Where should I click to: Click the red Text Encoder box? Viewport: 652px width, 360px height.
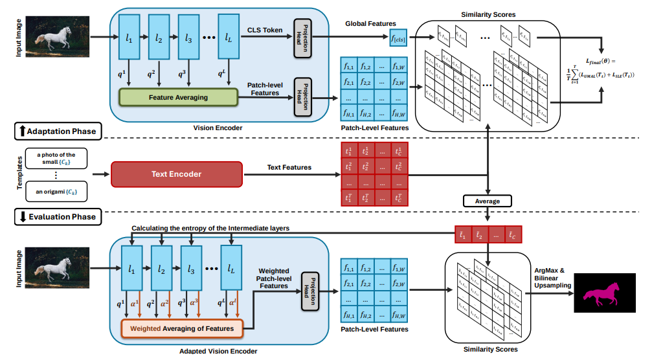176,174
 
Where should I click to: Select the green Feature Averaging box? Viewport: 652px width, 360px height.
178,97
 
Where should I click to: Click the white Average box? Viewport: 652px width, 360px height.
487,201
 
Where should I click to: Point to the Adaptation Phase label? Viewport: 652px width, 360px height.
56,131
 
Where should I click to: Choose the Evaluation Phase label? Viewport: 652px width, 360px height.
56,217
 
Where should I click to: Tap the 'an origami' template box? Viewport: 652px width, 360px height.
56,192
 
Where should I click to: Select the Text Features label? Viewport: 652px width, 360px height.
289,168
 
